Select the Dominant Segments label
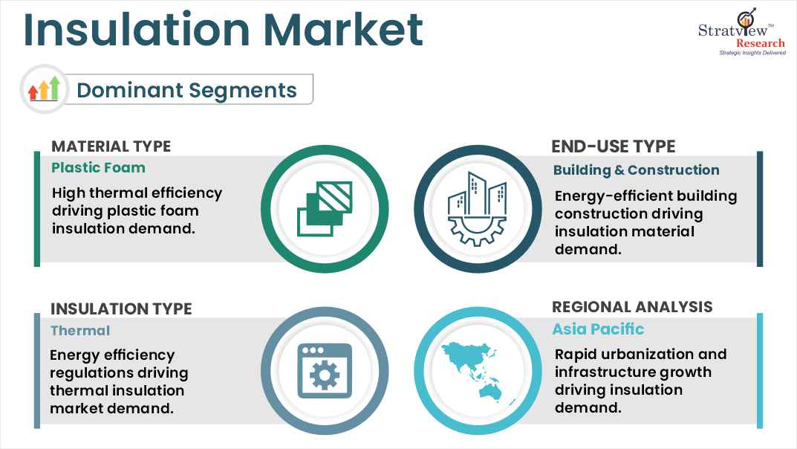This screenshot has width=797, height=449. point(186,91)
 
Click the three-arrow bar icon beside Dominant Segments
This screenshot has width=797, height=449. point(44,90)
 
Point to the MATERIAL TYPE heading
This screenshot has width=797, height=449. point(111,146)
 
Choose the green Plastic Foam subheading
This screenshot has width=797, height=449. point(98,168)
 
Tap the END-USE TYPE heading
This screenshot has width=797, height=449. point(614,146)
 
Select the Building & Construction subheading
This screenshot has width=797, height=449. point(636,170)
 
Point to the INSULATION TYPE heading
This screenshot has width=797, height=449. point(121,309)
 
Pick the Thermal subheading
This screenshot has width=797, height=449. point(80,331)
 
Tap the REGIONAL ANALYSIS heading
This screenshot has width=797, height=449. point(632,307)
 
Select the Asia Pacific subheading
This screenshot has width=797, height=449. point(598,329)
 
